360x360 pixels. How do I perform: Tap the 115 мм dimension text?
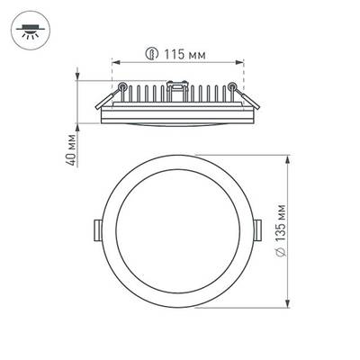tap(186, 55)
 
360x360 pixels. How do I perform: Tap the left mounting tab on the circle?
tap(99, 229)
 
